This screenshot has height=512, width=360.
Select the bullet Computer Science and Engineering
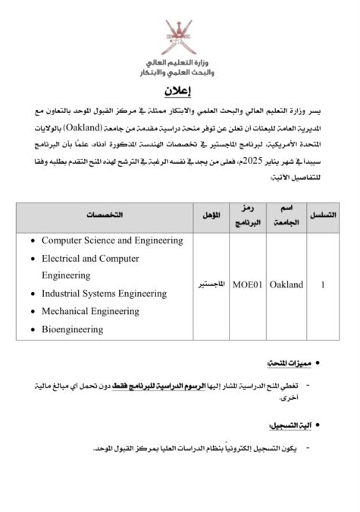point(112,240)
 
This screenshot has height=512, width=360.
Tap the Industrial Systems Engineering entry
point(104,292)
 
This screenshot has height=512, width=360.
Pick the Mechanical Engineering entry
point(90,311)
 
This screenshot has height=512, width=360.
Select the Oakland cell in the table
point(286,284)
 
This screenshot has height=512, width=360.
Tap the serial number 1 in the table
point(324,284)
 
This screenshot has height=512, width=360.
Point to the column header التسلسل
point(324,216)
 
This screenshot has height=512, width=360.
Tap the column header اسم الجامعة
point(286,216)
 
